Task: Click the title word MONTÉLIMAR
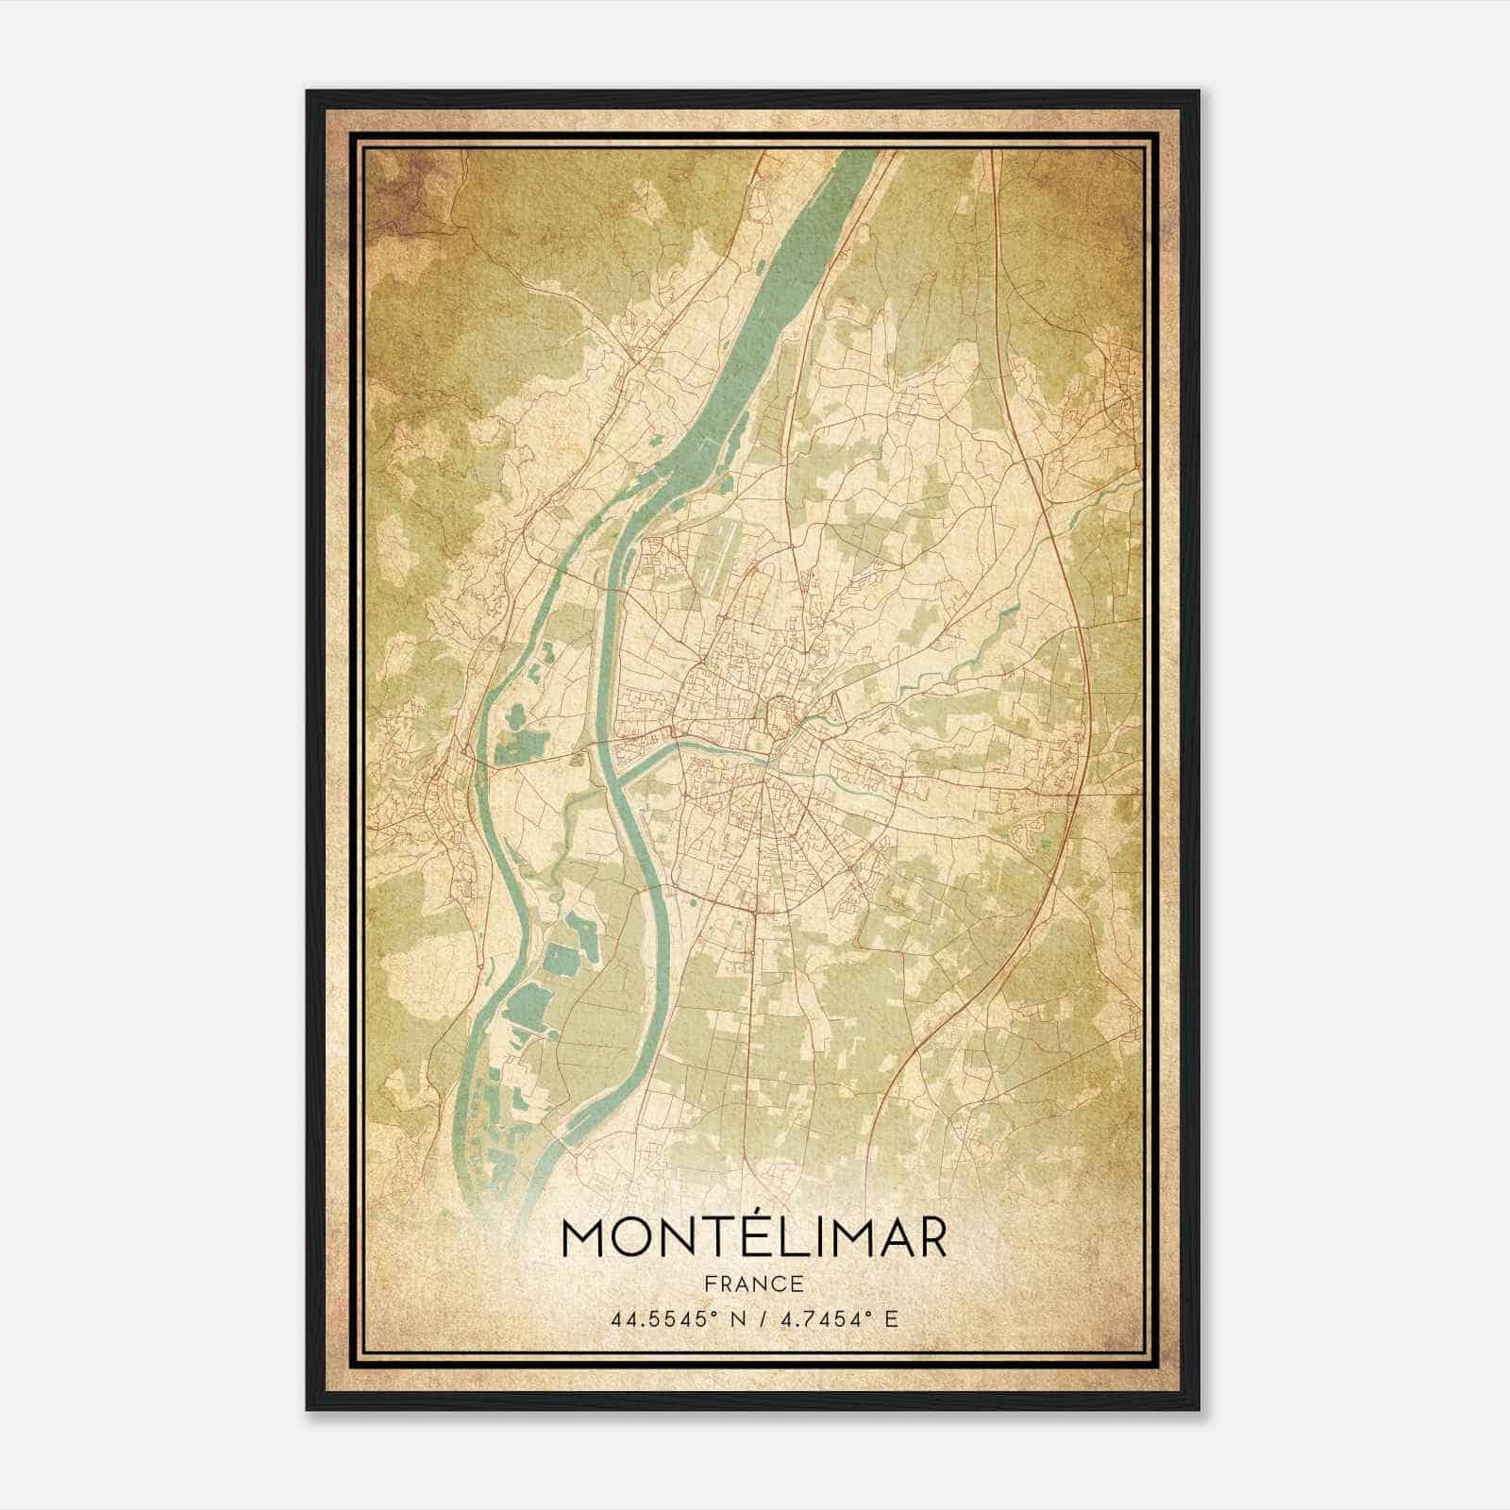coord(753,1238)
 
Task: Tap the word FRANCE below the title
coord(753,1283)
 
